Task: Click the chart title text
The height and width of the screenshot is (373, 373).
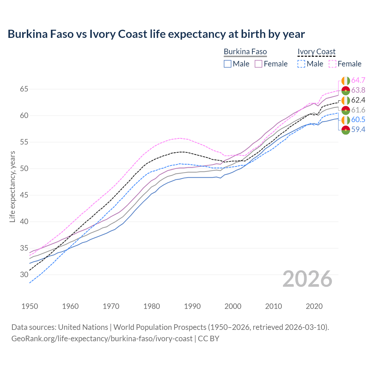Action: [x=156, y=34]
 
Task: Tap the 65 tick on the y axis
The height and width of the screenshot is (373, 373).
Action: [x=24, y=89]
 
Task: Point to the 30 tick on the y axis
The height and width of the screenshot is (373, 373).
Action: [x=24, y=275]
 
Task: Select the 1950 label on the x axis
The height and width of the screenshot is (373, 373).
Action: [x=30, y=306]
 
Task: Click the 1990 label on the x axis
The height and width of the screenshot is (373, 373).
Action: [x=192, y=306]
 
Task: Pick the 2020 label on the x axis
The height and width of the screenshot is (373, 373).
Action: [x=314, y=306]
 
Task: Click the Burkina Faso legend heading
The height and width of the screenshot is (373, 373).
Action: [x=245, y=52]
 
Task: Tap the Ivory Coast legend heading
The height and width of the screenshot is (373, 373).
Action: [x=316, y=52]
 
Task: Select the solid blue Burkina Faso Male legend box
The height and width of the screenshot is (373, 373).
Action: [x=228, y=64]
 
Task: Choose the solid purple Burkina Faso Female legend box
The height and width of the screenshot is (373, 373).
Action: [x=258, y=64]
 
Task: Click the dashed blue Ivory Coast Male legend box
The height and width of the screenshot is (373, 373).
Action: [x=301, y=64]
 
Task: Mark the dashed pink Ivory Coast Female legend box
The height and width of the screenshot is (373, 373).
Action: [x=332, y=64]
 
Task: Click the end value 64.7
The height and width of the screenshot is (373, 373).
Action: [x=358, y=80]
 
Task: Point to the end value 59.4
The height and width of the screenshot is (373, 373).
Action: [x=358, y=130]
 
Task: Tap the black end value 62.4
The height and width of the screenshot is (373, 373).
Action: [x=358, y=100]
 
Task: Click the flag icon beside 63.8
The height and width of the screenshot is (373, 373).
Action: [x=346, y=90]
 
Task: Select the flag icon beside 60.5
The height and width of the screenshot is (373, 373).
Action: [x=346, y=120]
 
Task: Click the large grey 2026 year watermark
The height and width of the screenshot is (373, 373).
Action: [x=307, y=279]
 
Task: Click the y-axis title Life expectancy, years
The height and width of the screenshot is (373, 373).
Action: [x=12, y=186]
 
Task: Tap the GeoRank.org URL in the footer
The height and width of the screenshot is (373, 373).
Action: [x=102, y=339]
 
